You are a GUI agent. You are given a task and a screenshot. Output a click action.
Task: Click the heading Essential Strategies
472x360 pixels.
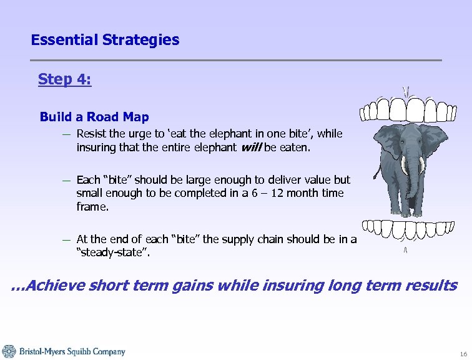tap(105, 41)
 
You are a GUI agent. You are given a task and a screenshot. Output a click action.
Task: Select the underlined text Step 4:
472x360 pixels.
tap(64, 79)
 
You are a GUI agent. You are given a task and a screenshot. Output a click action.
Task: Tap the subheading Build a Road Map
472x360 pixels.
tap(94, 117)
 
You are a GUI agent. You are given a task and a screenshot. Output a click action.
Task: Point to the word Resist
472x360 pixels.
tap(91, 134)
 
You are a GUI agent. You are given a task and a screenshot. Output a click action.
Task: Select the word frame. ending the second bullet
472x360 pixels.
tap(92, 207)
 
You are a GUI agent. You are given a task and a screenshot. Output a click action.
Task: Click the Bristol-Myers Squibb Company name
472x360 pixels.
tap(72, 352)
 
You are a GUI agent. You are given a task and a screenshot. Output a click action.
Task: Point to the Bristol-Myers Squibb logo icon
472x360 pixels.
tap(9, 351)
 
